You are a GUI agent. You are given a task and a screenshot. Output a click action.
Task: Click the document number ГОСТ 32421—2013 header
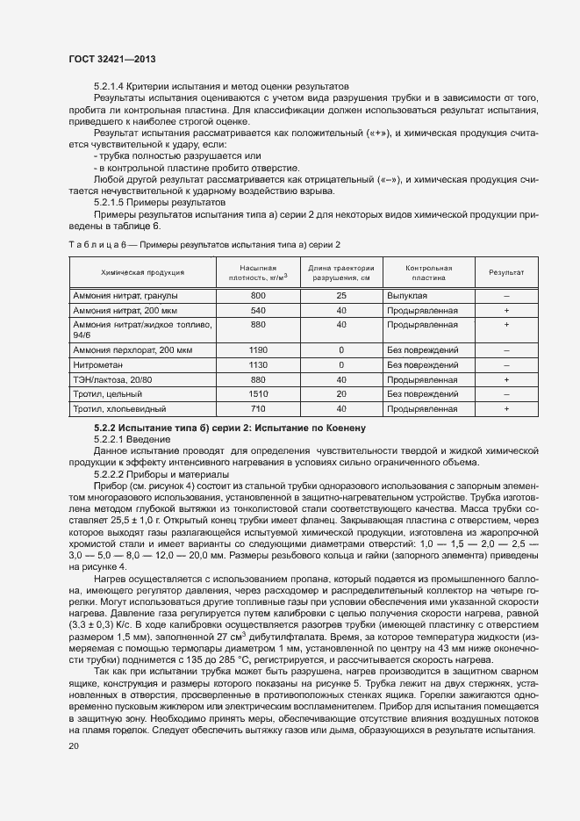(111, 59)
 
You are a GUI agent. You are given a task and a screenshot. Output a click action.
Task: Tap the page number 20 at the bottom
(73, 747)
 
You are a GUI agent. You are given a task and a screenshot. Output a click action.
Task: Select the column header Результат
(506, 272)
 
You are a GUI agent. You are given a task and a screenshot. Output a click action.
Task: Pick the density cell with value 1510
(258, 394)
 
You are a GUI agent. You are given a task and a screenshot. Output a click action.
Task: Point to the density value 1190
(258, 349)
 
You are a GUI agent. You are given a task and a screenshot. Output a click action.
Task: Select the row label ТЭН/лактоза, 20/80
(112, 379)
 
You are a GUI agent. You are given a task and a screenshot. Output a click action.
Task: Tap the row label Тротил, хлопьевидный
(119, 409)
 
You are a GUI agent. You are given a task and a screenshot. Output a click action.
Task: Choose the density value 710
(258, 409)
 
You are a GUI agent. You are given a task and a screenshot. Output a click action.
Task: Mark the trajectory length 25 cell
(341, 296)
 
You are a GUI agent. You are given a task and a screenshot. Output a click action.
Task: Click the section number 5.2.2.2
(111, 473)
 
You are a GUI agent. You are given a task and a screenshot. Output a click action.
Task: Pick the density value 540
(258, 311)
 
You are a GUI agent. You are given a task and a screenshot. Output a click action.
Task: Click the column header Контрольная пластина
(428, 272)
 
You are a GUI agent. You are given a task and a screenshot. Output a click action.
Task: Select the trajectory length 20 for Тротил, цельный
(341, 394)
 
